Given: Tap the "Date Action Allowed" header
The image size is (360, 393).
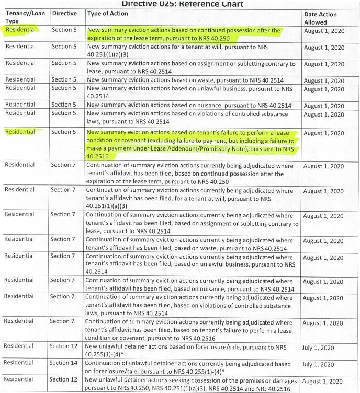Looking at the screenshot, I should [x=320, y=18].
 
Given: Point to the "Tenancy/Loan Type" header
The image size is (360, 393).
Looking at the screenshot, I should [x=25, y=17].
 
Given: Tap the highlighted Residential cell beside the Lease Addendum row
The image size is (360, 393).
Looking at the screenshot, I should [x=20, y=132].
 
